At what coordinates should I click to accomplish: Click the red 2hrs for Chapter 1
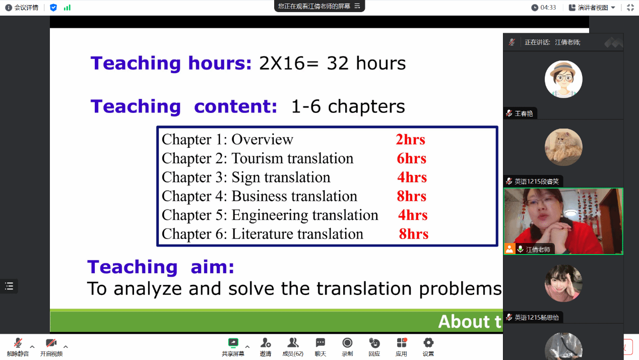410,140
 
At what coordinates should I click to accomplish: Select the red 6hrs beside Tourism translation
411,158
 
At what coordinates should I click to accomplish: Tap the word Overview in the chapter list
262,139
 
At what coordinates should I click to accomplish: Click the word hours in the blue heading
220,63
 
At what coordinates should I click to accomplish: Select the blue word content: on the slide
236,106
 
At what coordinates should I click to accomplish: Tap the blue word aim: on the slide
212,267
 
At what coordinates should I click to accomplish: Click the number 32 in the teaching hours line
338,64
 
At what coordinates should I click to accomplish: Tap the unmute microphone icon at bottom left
18,342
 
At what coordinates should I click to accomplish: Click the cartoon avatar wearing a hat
563,79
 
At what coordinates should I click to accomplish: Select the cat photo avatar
563,147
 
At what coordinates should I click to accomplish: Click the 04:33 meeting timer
548,8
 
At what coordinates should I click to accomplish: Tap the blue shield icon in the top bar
53,8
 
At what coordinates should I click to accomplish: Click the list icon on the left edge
9,286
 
